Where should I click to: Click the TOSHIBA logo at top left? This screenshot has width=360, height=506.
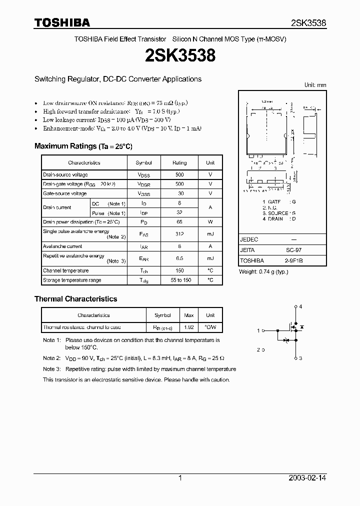tap(62, 22)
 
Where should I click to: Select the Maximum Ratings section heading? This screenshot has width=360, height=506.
tap(83, 146)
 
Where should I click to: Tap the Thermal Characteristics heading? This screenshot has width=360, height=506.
tap(75, 298)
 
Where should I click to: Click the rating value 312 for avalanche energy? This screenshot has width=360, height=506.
tap(179, 234)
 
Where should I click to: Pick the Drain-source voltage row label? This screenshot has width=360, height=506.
tap(65, 174)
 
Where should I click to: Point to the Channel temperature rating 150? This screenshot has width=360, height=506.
tap(179, 270)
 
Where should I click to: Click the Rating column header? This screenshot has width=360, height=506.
tap(179, 162)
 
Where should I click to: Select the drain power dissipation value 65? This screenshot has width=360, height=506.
tap(179, 221)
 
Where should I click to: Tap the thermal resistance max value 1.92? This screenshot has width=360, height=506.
tap(189, 327)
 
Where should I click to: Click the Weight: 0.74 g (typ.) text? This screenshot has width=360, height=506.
tap(263, 271)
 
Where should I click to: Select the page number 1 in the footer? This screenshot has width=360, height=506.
tap(180, 478)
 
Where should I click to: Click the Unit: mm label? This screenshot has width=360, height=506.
tap(315, 85)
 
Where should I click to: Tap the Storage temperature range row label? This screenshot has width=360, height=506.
tap(72, 280)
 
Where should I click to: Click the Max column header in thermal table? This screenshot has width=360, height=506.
tap(189, 315)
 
